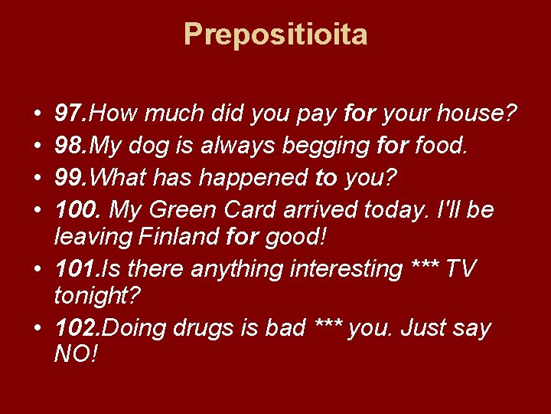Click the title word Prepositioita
275,34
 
